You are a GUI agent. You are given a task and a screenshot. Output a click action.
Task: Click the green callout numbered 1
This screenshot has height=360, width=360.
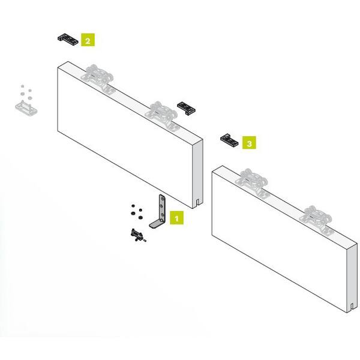point(176,218)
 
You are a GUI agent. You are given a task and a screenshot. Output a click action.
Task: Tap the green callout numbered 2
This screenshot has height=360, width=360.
point(88,40)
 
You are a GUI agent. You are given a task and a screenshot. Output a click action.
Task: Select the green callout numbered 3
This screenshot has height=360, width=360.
point(249,142)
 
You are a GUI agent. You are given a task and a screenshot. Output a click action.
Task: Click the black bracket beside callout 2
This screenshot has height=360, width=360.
point(68,39)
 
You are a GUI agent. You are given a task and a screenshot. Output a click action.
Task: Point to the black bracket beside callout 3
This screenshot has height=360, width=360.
point(229,140)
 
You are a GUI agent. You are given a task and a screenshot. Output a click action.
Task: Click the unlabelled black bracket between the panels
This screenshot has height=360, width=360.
point(186,108)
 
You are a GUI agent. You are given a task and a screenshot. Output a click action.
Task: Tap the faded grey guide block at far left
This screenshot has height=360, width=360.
point(26,109)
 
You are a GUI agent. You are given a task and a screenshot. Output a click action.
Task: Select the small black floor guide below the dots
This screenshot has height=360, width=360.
point(138,235)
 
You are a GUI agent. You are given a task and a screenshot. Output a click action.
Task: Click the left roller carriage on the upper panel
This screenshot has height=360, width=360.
point(99,78)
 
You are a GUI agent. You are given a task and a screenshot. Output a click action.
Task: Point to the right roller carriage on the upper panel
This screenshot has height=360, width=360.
point(163,115)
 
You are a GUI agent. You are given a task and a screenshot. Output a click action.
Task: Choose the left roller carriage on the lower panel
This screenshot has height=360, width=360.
point(253,182)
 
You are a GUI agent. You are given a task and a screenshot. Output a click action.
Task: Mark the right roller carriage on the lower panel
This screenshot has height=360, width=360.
point(317,220)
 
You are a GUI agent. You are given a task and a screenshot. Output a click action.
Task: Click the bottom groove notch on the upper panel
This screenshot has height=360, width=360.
point(197,202)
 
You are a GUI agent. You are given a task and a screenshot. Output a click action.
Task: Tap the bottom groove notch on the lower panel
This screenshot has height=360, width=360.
point(352,307)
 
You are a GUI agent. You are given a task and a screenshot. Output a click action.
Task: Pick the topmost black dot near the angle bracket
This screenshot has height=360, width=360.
point(133,205)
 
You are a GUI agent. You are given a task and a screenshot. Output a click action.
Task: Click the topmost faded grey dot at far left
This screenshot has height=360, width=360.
point(23,86)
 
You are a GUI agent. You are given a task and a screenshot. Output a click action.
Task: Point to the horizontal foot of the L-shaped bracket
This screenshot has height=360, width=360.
point(157,223)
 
